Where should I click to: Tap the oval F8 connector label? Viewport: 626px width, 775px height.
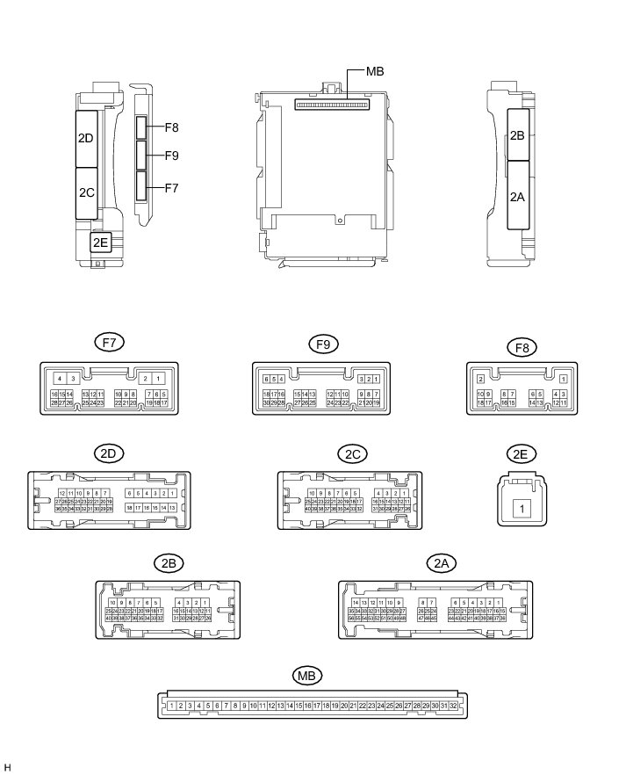point(522,342)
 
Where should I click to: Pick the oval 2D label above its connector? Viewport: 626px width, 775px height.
point(111,453)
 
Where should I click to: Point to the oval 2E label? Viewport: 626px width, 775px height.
point(522,453)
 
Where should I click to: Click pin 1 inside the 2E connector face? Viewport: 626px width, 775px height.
point(521,508)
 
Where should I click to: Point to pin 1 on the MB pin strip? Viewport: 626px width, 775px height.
point(169,706)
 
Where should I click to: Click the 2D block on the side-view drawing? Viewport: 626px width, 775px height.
point(86,138)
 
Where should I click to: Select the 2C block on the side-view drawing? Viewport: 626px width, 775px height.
point(86,192)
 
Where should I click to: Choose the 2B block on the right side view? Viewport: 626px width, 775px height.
point(517,135)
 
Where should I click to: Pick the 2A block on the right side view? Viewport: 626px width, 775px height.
point(517,197)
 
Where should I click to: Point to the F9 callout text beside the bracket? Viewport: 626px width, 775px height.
point(170,156)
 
